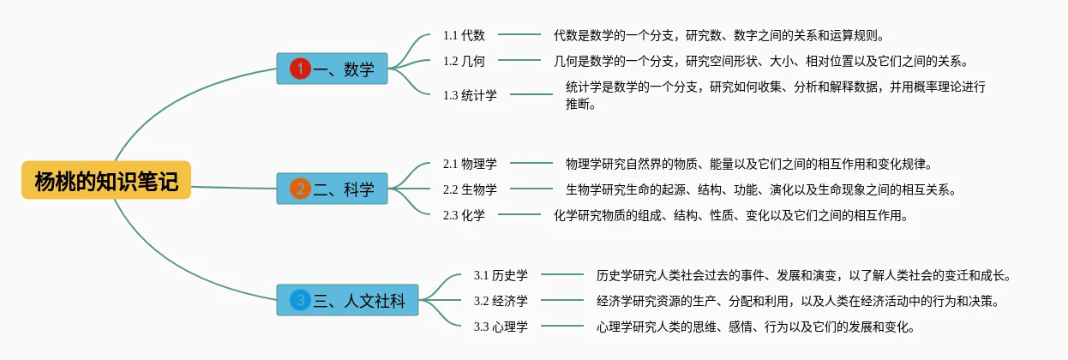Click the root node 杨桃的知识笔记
(106, 181)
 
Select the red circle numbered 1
(300, 69)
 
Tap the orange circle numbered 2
(300, 189)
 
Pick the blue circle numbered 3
(300, 300)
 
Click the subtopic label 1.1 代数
(464, 35)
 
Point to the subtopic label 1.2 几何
(464, 61)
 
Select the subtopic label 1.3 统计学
(470, 95)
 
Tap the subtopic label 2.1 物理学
(470, 163)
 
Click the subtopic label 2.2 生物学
(470, 189)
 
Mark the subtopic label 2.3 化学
(464, 215)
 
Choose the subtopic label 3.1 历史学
(501, 275)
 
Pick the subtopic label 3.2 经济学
(501, 301)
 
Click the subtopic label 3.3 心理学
(501, 327)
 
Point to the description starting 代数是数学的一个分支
(718, 35)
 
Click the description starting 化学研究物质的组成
(730, 215)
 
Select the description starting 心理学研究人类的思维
(756, 327)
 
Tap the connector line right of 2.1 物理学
(531, 163)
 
